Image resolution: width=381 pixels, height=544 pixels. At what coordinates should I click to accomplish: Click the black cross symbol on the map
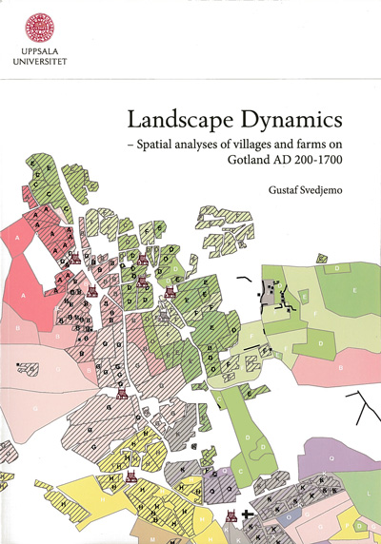point(249,515)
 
